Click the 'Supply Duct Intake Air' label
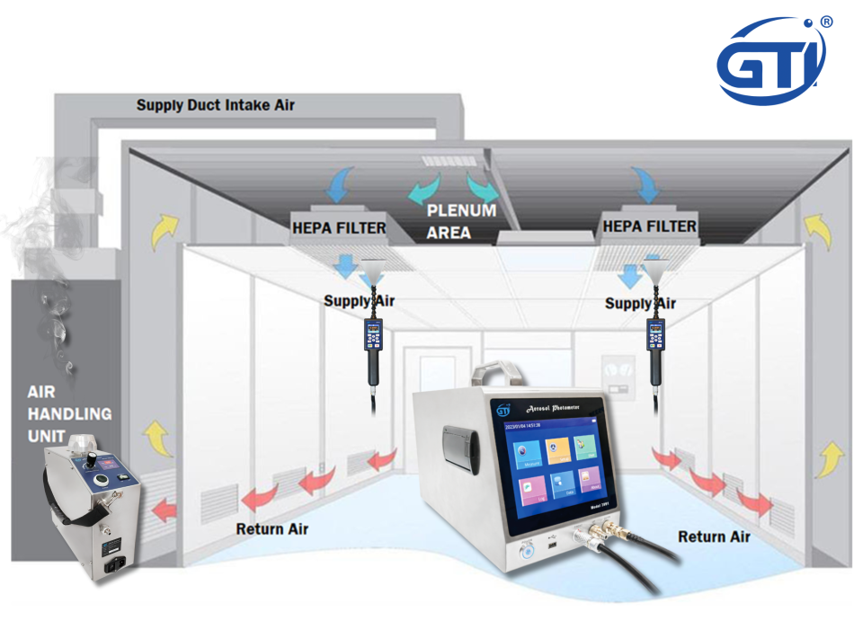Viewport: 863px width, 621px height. tap(216, 105)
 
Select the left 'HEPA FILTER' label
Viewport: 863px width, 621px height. tap(339, 227)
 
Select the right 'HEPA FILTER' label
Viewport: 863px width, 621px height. tap(649, 226)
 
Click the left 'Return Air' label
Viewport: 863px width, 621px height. tap(272, 528)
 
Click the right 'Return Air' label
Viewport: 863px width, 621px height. tap(715, 537)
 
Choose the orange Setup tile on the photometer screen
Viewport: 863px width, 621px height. tap(558, 449)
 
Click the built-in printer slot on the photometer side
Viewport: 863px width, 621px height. tap(458, 448)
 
